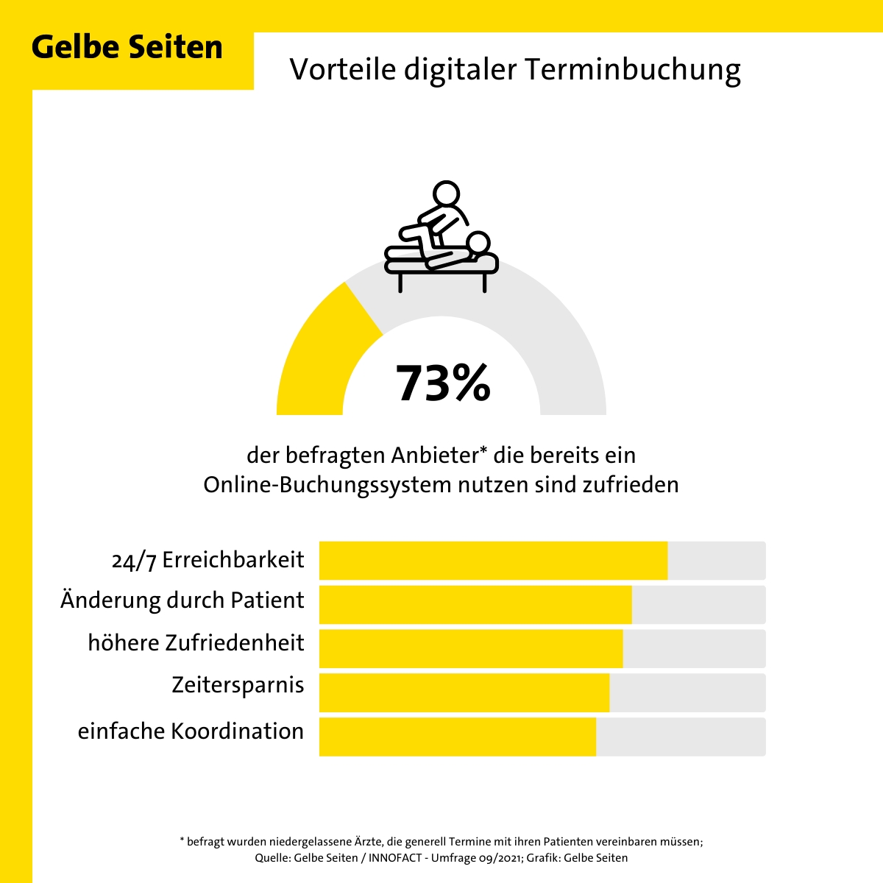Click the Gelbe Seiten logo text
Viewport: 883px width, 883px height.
click(127, 47)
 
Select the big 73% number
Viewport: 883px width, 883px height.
click(443, 383)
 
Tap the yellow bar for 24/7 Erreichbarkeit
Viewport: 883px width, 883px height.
click(493, 561)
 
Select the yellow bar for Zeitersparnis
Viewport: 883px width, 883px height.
click(464, 692)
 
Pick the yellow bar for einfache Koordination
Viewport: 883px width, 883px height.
click(457, 737)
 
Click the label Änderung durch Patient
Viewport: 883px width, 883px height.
click(182, 600)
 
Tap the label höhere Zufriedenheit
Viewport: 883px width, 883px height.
click(196, 642)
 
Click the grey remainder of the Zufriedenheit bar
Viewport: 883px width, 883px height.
click(693, 648)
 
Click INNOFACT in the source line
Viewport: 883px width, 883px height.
click(398, 858)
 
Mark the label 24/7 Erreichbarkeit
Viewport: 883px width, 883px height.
click(208, 560)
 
